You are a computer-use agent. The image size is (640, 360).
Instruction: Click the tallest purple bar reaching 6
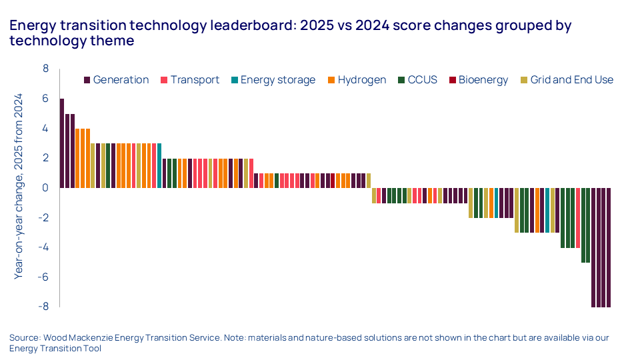(x=62, y=143)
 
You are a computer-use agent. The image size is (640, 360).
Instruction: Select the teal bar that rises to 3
(x=159, y=165)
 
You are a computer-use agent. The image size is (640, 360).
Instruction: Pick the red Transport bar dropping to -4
(x=578, y=217)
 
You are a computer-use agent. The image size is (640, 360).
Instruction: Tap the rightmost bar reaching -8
(x=609, y=247)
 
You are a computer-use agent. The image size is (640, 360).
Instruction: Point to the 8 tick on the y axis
(x=45, y=69)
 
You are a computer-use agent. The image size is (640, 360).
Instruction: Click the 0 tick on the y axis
(x=45, y=188)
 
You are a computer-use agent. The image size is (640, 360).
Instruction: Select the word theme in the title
(x=117, y=41)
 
